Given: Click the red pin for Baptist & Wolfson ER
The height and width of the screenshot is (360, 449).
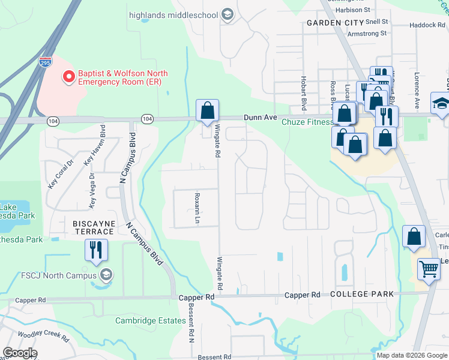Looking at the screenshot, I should (68, 77).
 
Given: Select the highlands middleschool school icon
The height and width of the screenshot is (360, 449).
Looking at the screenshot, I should (227, 14).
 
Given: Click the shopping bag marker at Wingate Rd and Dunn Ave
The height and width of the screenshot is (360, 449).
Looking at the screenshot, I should (208, 111).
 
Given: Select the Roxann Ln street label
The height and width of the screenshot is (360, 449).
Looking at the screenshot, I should (197, 208).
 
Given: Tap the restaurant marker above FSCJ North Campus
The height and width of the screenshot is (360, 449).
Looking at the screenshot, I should (96, 250).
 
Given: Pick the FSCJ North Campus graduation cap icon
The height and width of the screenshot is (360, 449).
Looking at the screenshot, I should (106, 275).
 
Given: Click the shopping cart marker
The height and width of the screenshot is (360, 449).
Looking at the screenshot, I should (429, 269).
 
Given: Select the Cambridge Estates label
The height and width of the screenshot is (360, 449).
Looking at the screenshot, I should (151, 320).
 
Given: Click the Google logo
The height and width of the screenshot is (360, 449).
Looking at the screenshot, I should (20, 353).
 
